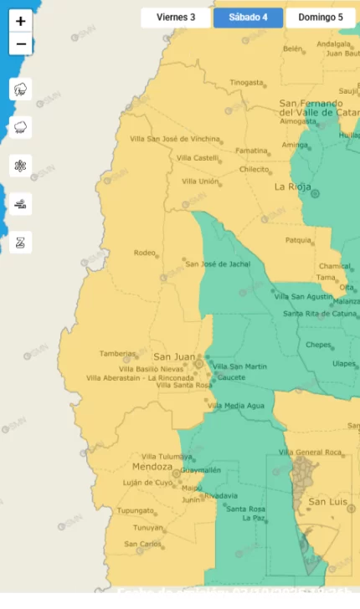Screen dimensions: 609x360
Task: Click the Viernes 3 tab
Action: pyautogui.click(x=176, y=18)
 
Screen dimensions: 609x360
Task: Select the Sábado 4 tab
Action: pyautogui.click(x=248, y=18)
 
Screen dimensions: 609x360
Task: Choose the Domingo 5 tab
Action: pyautogui.click(x=320, y=18)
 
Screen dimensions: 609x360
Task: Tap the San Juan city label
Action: pyautogui.click(x=174, y=356)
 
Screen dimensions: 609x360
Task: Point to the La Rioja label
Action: pyautogui.click(x=292, y=187)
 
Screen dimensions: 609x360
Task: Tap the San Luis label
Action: pyautogui.click(x=327, y=502)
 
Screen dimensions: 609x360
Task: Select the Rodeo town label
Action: pyautogui.click(x=145, y=253)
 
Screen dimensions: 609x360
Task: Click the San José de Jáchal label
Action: pyautogui.click(x=218, y=264)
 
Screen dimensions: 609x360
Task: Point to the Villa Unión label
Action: pyautogui.click(x=200, y=182)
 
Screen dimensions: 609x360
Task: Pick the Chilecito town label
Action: pyautogui.click(x=254, y=169)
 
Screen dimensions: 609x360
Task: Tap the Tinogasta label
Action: pyautogui.click(x=246, y=83)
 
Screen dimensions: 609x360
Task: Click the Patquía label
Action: pyautogui.click(x=298, y=240)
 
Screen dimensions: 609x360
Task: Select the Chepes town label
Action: pyautogui.click(x=319, y=345)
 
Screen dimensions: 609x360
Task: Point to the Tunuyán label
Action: pyautogui.click(x=148, y=528)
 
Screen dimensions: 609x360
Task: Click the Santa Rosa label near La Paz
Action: pyautogui.click(x=245, y=509)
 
